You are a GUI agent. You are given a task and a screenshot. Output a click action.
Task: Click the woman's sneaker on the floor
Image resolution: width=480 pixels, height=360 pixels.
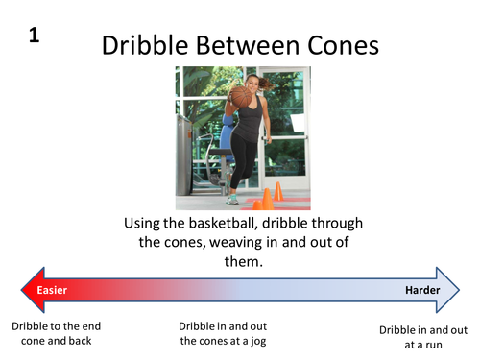click(x=230, y=199)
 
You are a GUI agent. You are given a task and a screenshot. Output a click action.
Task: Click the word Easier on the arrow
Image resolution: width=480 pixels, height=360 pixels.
click(x=53, y=290)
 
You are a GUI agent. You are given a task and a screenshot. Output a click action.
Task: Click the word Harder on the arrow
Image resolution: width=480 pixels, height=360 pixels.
click(x=421, y=290)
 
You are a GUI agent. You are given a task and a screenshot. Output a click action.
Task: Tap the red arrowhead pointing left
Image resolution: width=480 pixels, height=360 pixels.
click(x=27, y=290)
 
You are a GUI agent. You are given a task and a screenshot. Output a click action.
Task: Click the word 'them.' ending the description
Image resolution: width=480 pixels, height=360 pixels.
click(x=239, y=261)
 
